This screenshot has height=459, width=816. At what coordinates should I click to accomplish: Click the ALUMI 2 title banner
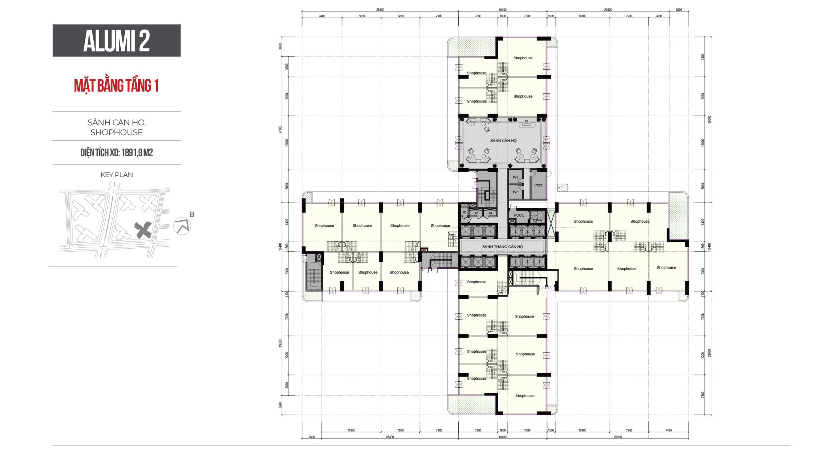click(x=116, y=41)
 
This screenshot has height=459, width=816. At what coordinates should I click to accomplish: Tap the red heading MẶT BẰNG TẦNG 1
click(x=116, y=86)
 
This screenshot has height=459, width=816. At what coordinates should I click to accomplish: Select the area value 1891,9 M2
click(x=137, y=153)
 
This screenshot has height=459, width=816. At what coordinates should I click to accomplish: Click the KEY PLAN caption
click(x=116, y=175)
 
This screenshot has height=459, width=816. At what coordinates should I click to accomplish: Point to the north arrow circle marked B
click(x=182, y=226)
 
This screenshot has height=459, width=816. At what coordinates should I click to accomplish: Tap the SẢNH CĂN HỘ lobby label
click(x=503, y=141)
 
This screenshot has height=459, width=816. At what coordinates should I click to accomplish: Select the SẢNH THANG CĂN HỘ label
click(x=502, y=247)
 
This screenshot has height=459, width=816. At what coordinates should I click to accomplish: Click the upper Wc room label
click(x=515, y=177)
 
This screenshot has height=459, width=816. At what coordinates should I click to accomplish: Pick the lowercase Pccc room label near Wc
click(x=538, y=185)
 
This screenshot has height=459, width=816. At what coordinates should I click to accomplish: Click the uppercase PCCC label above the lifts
click(x=519, y=215)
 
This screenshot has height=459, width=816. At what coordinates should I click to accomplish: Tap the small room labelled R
click(x=465, y=213)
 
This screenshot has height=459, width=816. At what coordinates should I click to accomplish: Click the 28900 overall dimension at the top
click(x=380, y=10)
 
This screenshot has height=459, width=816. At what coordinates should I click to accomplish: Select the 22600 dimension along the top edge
click(x=608, y=10)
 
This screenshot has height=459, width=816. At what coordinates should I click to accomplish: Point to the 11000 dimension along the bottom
click(x=351, y=430)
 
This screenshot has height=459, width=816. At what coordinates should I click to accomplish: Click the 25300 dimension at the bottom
click(x=389, y=437)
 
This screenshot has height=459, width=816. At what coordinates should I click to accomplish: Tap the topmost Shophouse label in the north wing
click(x=523, y=58)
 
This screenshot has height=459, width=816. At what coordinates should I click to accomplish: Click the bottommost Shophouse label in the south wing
click(x=525, y=396)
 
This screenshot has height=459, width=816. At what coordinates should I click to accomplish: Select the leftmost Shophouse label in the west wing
click(x=324, y=226)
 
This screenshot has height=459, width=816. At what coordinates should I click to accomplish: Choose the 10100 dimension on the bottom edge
click(x=582, y=430)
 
